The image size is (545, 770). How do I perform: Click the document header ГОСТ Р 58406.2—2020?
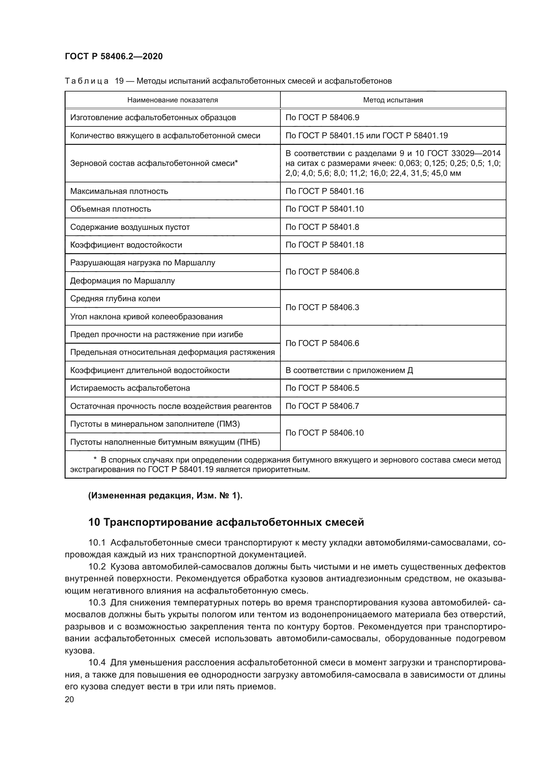pyautogui.click(x=113, y=56)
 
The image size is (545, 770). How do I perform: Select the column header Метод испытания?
pyautogui.click(x=393, y=100)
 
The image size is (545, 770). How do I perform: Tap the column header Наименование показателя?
pyautogui.click(x=172, y=100)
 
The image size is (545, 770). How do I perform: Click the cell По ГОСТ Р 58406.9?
pyautogui.click(x=322, y=118)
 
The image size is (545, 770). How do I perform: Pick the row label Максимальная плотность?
pyautogui.click(x=119, y=191)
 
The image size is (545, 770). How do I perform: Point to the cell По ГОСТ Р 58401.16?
pyautogui.click(x=324, y=191)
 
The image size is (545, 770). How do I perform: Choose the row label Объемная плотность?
pyautogui.click(x=111, y=209)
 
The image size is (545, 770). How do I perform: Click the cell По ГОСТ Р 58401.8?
pyautogui.click(x=322, y=227)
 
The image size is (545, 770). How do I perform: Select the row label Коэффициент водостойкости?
pyautogui.click(x=126, y=245)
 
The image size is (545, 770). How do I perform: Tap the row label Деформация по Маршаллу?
pyautogui.click(x=123, y=281)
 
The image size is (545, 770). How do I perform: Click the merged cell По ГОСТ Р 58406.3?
pyautogui.click(x=322, y=307)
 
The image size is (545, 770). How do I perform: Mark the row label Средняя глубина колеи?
pyautogui.click(x=115, y=299)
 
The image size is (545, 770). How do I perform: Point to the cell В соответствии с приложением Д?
pyautogui.click(x=349, y=370)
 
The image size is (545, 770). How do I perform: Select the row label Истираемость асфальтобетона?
pyautogui.click(x=130, y=388)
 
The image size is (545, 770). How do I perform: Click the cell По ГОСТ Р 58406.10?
pyautogui.click(x=324, y=433)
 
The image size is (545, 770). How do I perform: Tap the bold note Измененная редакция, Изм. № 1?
pyautogui.click(x=165, y=496)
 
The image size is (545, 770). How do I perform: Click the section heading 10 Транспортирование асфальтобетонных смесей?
pyautogui.click(x=226, y=522)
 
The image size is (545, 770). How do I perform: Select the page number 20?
pyautogui.click(x=70, y=699)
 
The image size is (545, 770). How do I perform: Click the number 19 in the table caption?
pyautogui.click(x=119, y=81)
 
